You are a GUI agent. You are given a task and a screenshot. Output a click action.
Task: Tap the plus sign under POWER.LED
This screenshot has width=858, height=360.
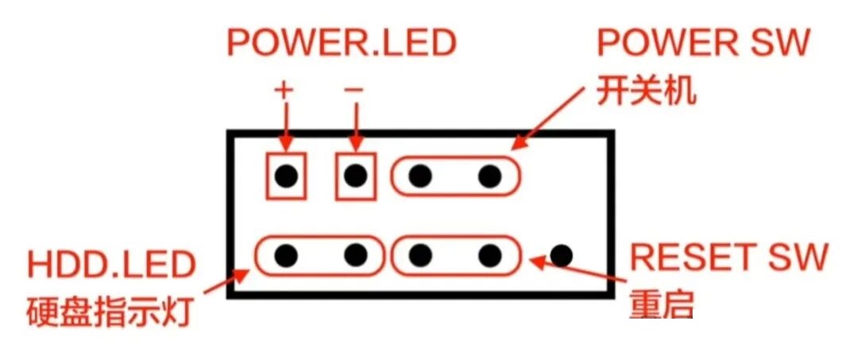coord(284,89)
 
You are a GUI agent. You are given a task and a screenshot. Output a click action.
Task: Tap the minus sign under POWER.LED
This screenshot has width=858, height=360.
coord(354,89)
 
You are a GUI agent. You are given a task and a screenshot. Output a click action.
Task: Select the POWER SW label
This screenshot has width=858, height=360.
coord(702,43)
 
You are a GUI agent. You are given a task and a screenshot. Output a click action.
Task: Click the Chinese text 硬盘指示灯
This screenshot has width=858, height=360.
coord(110,312)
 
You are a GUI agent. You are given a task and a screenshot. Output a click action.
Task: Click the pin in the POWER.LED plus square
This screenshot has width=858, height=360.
coord(286,175)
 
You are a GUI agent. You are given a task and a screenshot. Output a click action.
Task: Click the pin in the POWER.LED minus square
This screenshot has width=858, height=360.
coord(356,175)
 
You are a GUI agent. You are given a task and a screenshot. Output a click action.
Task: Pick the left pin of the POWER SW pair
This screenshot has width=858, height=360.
coord(421,175)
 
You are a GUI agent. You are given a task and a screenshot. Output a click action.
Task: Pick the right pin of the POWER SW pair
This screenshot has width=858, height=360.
coord(490,175)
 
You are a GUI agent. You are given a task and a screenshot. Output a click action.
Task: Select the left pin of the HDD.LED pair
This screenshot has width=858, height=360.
coord(286,255)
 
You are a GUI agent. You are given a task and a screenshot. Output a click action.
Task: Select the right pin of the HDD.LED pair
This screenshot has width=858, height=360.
coord(356,255)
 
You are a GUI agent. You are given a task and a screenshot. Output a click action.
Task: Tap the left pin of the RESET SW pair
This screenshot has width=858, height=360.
coord(421,255)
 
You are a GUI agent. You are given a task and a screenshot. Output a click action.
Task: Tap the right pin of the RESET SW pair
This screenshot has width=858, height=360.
coord(490,255)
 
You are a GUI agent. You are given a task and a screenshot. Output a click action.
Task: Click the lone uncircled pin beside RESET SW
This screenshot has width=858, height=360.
coord(562,255)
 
